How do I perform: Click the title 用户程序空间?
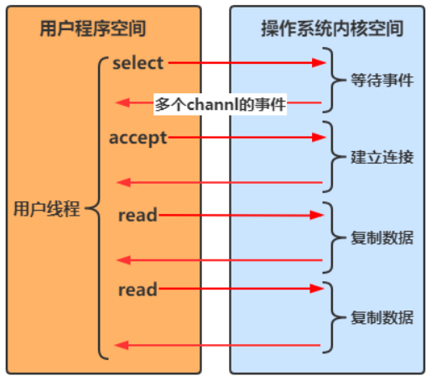click(x=92, y=29)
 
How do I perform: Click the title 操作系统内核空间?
click(x=332, y=29)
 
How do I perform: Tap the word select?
click(x=138, y=63)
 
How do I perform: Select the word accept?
click(x=138, y=138)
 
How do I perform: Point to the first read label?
click(x=138, y=215)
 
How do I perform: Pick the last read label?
click(x=138, y=290)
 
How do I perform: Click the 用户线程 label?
click(x=47, y=209)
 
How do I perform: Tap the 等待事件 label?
click(x=382, y=81)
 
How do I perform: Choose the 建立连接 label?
click(x=382, y=157)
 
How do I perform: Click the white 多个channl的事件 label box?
click(x=220, y=104)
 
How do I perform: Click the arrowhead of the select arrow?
click(x=319, y=63)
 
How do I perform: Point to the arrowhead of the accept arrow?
click(x=319, y=138)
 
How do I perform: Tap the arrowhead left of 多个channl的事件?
click(x=123, y=102)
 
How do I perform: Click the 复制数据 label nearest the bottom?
click(x=382, y=317)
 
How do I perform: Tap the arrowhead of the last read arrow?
click(x=317, y=289)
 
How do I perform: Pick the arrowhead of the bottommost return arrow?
click(x=122, y=345)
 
